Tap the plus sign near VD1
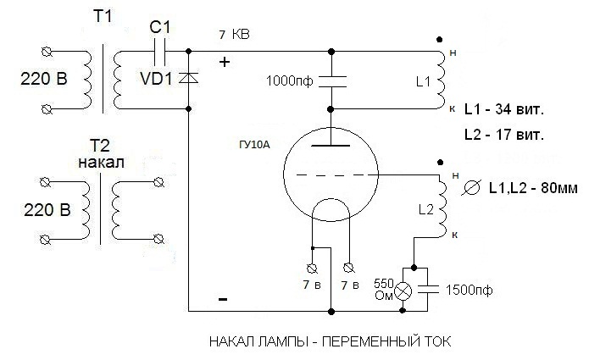point(225,62)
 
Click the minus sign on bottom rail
point(223,300)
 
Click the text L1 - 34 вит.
point(505,110)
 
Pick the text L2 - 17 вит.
point(505,134)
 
